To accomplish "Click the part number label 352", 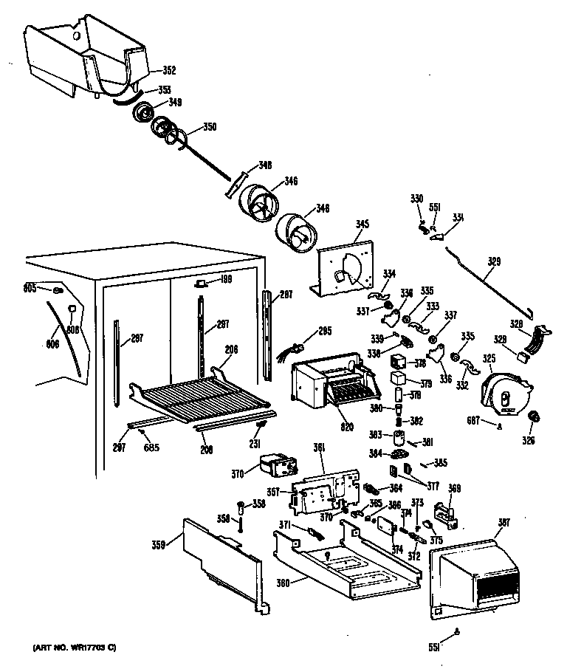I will point(169,71).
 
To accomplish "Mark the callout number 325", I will point(489,358).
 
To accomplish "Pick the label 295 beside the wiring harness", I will point(326,332).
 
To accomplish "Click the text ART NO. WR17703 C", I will point(75,648).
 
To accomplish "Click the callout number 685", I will point(151,446).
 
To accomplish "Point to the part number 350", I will point(209,127).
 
